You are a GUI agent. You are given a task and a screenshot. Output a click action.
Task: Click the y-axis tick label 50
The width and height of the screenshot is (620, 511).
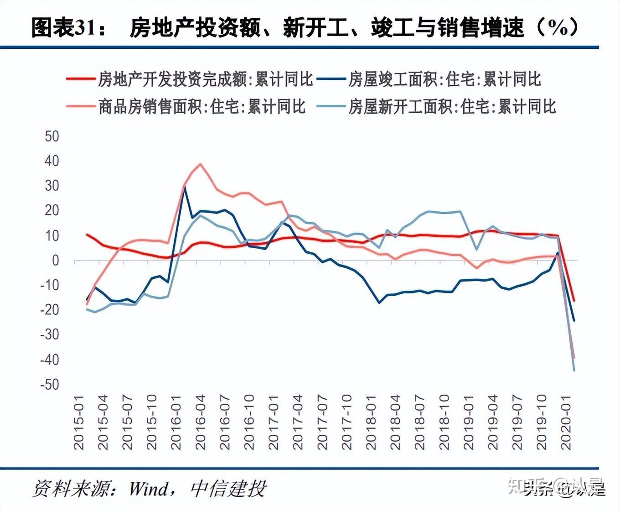(52, 136)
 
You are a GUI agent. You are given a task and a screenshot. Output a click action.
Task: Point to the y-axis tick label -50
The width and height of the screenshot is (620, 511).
(50, 384)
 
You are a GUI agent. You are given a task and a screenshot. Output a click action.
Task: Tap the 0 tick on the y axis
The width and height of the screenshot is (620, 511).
(56, 261)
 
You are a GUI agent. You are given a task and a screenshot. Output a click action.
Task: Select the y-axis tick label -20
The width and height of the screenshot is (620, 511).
(50, 310)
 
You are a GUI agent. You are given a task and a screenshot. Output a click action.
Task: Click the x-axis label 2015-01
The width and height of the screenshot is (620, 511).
(79, 422)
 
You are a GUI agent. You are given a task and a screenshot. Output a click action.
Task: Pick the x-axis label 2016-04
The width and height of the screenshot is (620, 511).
(201, 422)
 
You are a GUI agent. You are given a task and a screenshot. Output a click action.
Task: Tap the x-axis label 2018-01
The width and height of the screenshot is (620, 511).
(371, 422)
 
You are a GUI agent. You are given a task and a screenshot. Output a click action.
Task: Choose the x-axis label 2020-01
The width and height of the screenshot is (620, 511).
(566, 422)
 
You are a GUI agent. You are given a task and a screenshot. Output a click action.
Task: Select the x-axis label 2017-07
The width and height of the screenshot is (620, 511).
(322, 422)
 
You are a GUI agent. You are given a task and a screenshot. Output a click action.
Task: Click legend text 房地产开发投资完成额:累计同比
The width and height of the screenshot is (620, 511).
(205, 79)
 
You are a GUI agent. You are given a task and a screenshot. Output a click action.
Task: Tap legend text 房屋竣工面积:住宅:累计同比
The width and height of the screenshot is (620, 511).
(444, 79)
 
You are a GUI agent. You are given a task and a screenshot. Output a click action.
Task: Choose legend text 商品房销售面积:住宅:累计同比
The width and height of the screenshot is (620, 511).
(201, 107)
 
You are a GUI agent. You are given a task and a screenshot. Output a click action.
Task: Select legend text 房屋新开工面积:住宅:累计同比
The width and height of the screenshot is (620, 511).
(452, 107)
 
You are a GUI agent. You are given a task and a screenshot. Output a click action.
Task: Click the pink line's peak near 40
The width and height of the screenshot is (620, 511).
(200, 164)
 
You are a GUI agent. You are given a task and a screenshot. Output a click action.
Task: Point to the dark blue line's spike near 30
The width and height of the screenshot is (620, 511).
(185, 188)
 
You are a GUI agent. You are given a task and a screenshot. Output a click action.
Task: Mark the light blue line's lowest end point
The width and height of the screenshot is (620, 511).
(573, 370)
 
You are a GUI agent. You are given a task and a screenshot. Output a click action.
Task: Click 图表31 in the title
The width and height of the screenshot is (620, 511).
(64, 28)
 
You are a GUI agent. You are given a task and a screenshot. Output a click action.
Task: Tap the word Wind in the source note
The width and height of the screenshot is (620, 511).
(148, 489)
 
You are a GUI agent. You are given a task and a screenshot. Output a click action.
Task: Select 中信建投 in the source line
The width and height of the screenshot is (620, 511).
(228, 489)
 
